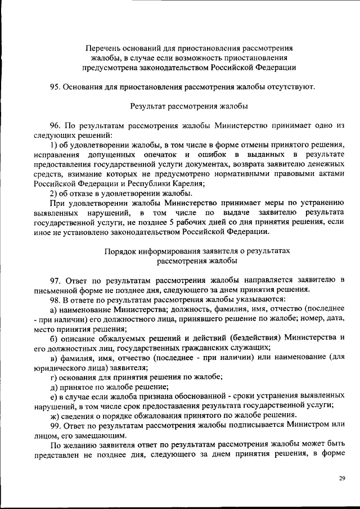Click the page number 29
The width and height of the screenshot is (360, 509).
pos(341,479)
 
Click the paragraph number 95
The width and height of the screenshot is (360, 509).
pos(55,87)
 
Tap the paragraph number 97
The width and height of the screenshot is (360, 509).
pos(55,280)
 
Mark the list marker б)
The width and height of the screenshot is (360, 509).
pos(54,337)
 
